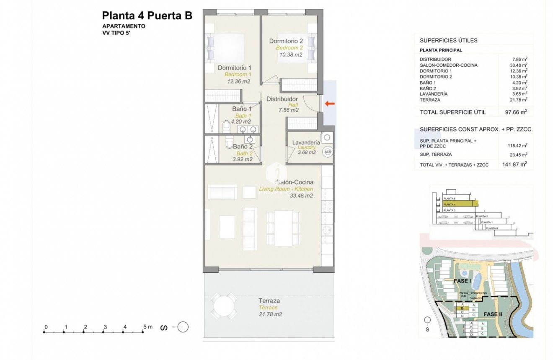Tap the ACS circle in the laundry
[x=328, y=152]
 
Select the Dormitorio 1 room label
[x=235, y=67]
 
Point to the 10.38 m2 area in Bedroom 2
[x=289, y=54]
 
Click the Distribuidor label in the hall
[x=282, y=99]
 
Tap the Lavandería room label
[x=306, y=142]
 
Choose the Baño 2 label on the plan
[x=243, y=147]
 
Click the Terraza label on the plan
[x=269, y=300]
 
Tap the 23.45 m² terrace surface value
[x=518, y=155]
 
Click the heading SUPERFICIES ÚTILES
[x=449, y=41]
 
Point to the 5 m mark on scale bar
[x=145, y=332]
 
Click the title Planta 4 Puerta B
[x=147, y=16]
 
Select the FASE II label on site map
[x=493, y=314]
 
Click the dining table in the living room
[x=284, y=228]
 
